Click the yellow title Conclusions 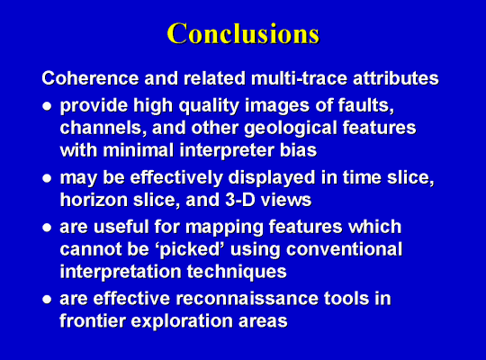243,33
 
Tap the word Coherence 90,77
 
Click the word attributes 396,77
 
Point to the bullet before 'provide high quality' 47,106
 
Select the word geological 291,129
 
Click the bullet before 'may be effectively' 47,178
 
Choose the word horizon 94,200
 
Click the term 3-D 240,200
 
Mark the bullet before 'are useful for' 47,228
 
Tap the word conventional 344,249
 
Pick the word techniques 237,272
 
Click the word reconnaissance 247,299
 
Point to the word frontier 93,320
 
